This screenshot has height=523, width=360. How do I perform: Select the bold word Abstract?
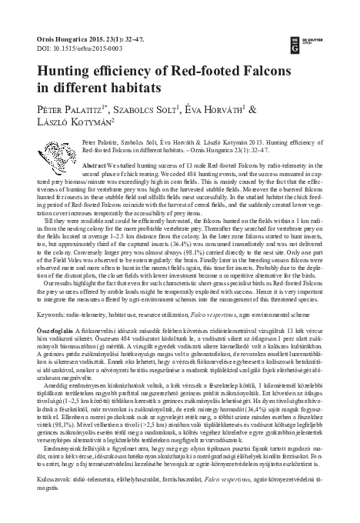pos(94,165)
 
